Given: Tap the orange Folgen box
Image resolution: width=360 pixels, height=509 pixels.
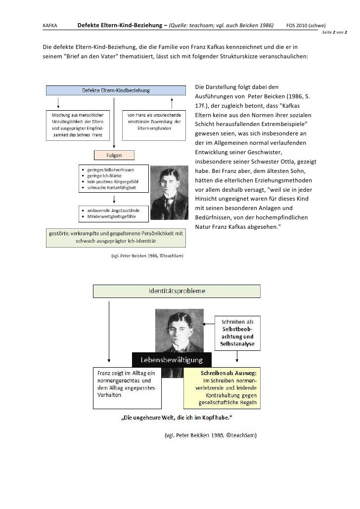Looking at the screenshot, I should pyautogui.click(x=114, y=155).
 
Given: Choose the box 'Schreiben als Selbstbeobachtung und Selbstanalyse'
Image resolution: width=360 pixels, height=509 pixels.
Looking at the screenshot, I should pyautogui.click(x=237, y=332).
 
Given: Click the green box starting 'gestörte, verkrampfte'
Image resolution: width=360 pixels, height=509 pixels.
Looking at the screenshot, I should pyautogui.click(x=116, y=238).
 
